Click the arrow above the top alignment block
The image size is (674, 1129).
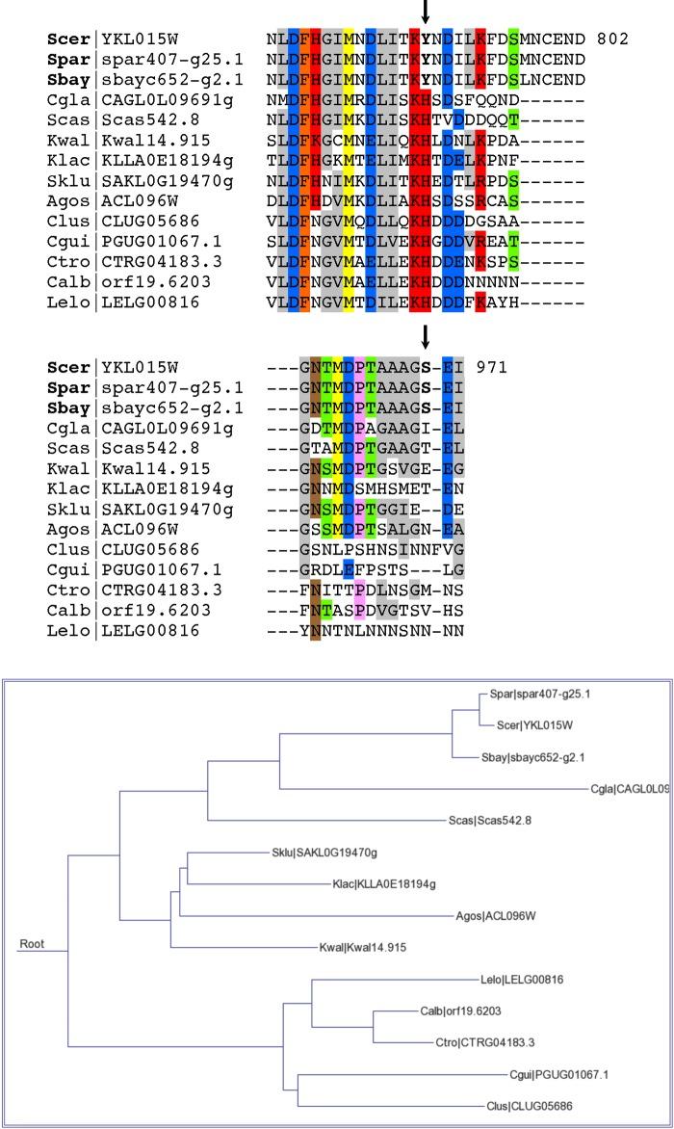425,12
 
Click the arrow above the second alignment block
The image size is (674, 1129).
425,337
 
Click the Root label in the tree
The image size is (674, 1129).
32,944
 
